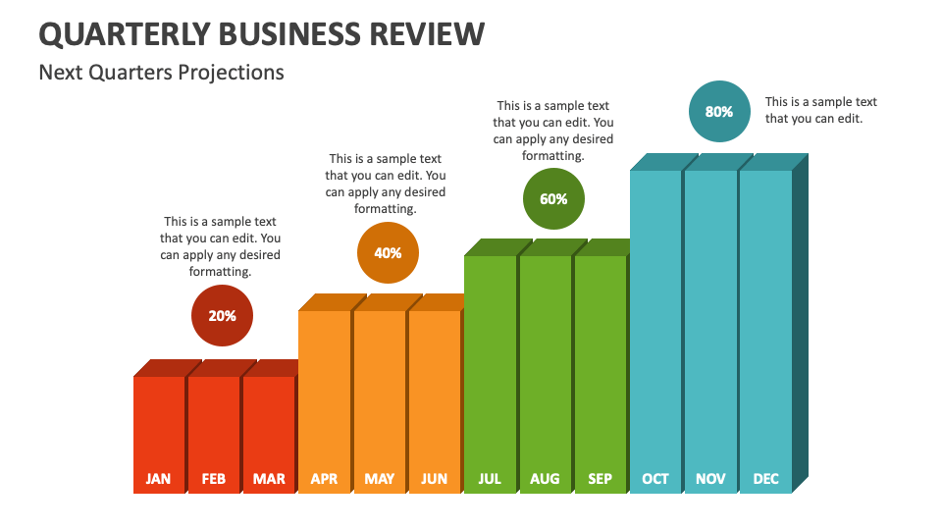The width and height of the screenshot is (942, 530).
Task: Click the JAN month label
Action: click(x=158, y=479)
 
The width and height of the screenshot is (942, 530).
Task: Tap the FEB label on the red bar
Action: click(x=213, y=479)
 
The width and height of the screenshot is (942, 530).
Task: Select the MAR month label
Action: click(x=269, y=479)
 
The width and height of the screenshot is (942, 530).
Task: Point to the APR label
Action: click(x=324, y=479)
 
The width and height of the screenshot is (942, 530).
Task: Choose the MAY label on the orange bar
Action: click(x=379, y=479)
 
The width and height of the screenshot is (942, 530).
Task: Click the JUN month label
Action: click(x=434, y=479)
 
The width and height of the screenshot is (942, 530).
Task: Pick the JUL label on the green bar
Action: click(x=490, y=479)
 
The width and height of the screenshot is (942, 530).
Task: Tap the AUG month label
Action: click(x=545, y=479)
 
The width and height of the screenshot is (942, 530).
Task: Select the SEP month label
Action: click(x=600, y=479)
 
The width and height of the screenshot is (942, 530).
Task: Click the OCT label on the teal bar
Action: click(x=655, y=479)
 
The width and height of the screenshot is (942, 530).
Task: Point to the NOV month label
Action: click(x=710, y=479)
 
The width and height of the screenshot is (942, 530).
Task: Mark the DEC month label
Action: click(x=765, y=479)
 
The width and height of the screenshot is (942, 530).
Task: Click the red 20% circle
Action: click(x=222, y=316)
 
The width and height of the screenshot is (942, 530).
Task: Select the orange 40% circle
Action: click(x=388, y=253)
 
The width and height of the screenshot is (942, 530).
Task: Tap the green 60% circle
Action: click(x=553, y=199)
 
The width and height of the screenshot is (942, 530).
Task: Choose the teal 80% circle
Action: click(x=719, y=112)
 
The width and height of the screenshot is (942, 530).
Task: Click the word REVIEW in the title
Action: click(x=424, y=34)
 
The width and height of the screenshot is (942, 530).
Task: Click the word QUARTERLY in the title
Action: click(x=124, y=34)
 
